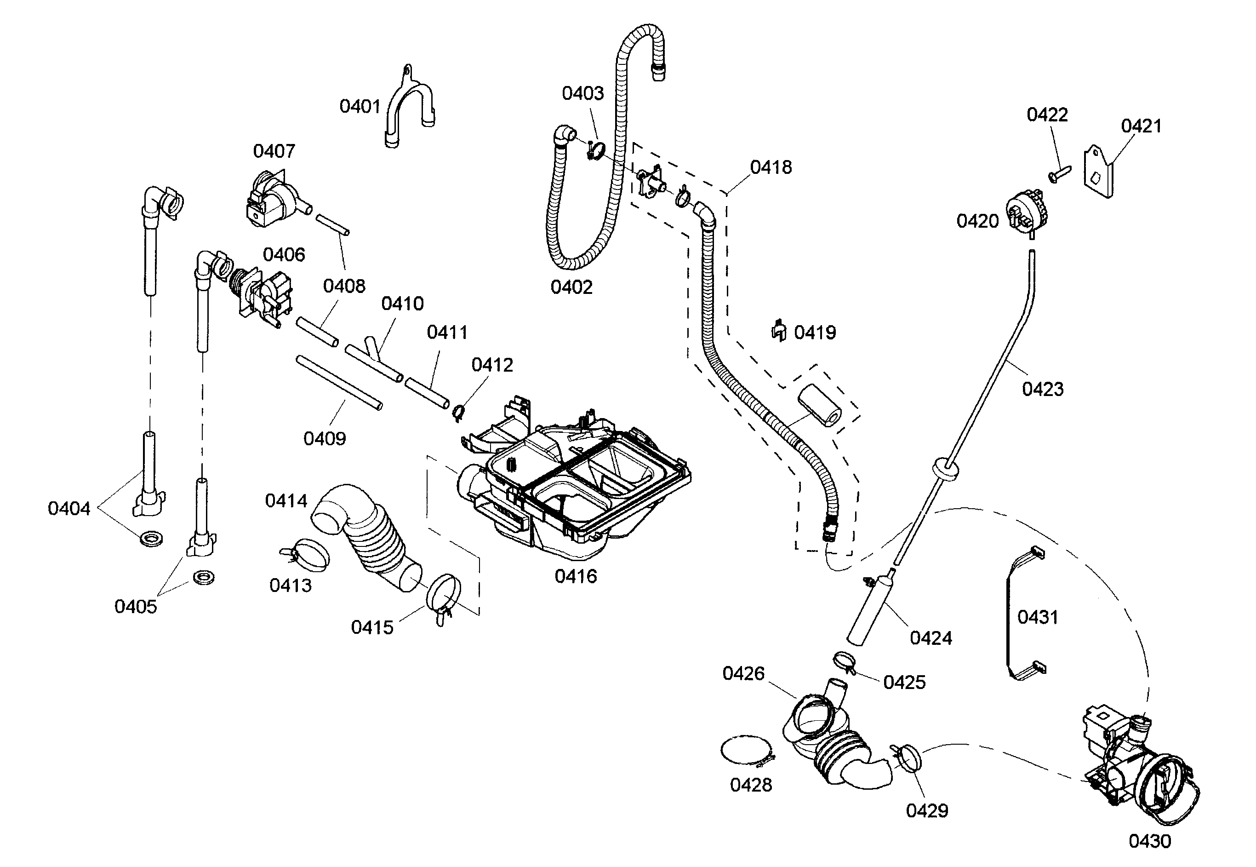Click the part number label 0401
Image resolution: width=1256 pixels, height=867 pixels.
[360, 106]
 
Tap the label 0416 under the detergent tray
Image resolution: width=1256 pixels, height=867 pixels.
[576, 576]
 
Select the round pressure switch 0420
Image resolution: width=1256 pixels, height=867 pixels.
[1026, 217]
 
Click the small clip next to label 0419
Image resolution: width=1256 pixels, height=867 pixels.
[779, 331]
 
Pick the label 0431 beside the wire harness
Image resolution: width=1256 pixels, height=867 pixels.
[1037, 617]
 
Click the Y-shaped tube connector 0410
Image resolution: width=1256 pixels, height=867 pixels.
[375, 361]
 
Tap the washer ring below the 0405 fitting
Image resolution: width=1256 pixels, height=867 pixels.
[204, 577]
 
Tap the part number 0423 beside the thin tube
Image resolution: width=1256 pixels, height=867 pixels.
[1042, 389]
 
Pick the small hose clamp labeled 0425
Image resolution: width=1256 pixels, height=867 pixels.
[843, 662]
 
